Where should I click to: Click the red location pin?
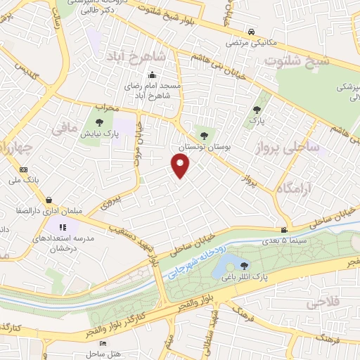tap(181, 166)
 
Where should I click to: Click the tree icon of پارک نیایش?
tap(98, 122)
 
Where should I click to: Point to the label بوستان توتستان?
tap(203, 147)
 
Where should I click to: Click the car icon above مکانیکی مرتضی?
tap(252, 32)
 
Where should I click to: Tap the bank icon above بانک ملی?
tap(23, 169)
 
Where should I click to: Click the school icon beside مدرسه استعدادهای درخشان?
tap(62, 227)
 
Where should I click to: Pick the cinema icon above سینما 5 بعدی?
tap(284, 231)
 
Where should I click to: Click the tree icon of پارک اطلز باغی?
tap(244, 265)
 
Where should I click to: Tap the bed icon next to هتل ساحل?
tap(103, 344)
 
